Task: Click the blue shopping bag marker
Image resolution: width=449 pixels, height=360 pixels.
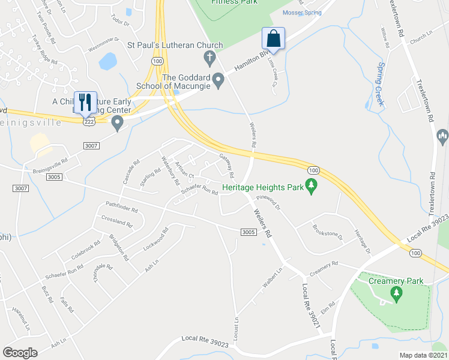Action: [x=273, y=38]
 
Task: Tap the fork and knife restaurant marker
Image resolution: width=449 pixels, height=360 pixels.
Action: [x=84, y=102]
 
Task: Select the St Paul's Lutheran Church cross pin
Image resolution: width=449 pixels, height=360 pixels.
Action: [x=209, y=58]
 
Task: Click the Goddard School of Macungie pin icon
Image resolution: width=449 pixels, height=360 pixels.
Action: [x=218, y=80]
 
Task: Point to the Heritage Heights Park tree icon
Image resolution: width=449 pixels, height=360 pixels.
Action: [x=311, y=187]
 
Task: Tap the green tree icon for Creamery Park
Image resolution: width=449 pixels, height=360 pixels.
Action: [x=396, y=293]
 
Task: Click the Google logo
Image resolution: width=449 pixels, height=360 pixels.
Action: [x=20, y=353]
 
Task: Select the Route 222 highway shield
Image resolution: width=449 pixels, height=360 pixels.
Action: [x=88, y=121]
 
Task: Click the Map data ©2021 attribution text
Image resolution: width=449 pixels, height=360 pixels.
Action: [x=423, y=355]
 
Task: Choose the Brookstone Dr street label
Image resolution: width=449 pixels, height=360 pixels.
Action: [x=327, y=232]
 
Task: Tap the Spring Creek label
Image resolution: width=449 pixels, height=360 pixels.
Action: [x=379, y=83]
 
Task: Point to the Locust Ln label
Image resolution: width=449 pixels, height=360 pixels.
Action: [x=237, y=326]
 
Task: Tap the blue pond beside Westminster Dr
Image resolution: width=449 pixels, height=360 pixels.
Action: [x=108, y=61]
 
